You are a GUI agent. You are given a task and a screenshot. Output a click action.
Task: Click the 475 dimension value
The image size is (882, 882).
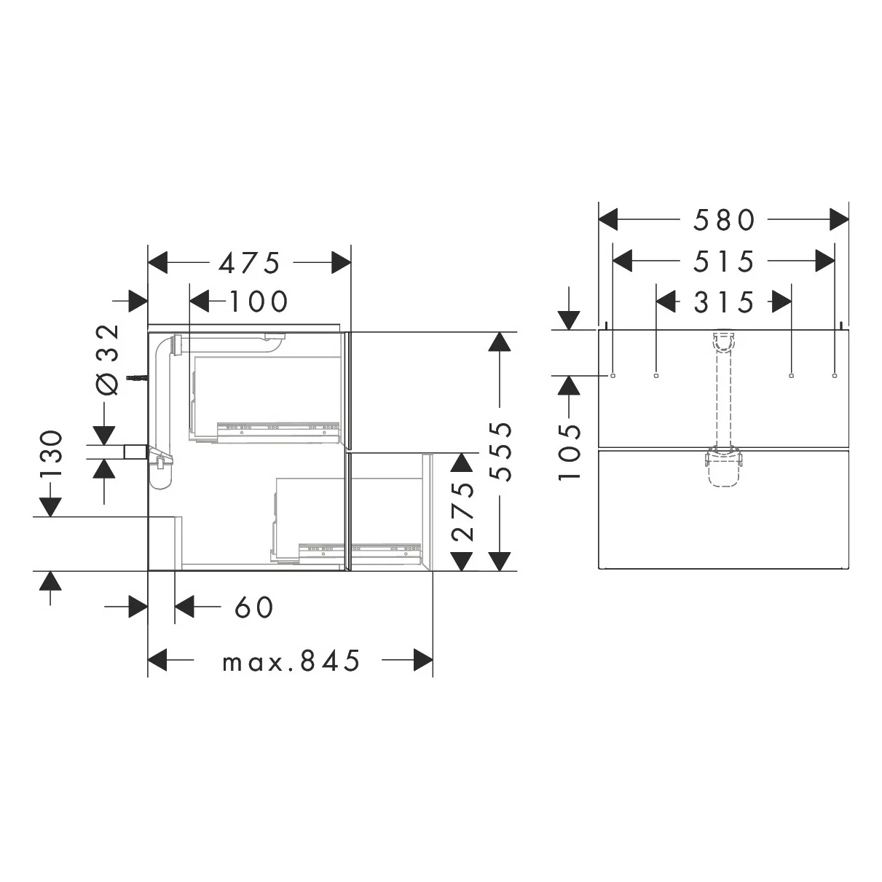[x=248, y=263]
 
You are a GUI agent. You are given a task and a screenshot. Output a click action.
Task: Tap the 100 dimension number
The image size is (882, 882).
[x=258, y=302]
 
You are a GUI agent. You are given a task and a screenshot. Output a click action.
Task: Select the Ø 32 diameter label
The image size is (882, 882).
[x=108, y=359]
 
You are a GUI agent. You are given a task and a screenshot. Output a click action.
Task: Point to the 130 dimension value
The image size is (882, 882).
[x=51, y=454]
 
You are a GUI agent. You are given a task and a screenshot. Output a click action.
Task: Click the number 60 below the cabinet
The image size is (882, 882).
[x=254, y=607]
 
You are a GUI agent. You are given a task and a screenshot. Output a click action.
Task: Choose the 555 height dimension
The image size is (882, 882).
[x=500, y=452]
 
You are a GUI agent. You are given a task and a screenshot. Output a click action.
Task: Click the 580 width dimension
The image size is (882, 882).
[x=724, y=220]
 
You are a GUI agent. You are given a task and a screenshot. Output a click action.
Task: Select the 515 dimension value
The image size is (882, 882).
[x=724, y=261]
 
